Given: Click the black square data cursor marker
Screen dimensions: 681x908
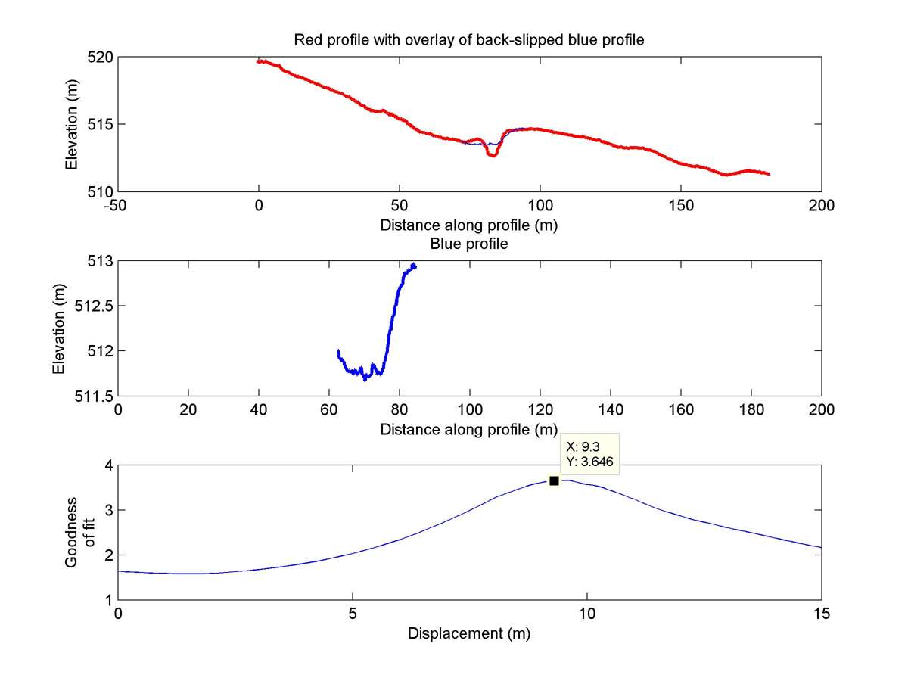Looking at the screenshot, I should pyautogui.click(x=554, y=481).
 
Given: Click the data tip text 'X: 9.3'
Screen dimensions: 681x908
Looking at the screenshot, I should pyautogui.click(x=579, y=446).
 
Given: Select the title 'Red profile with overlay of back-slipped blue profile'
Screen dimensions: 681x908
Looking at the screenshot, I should pyautogui.click(x=468, y=41).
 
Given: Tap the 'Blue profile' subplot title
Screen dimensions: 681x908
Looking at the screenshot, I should pyautogui.click(x=468, y=244).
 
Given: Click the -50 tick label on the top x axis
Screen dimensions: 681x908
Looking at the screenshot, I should pyautogui.click(x=117, y=205).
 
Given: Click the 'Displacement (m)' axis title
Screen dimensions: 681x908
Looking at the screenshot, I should pyautogui.click(x=468, y=633).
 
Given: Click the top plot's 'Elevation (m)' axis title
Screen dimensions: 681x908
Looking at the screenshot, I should pyautogui.click(x=71, y=124).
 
